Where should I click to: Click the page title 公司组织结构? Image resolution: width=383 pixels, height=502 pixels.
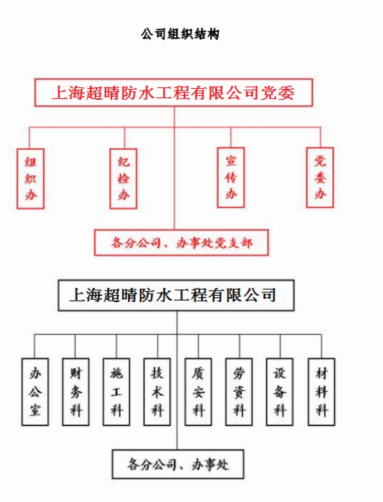tap(180, 34)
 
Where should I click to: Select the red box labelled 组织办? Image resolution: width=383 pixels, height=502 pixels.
tap(31, 178)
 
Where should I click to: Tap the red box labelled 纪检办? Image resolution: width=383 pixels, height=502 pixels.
tap(124, 178)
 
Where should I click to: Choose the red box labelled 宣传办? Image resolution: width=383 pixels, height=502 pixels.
tap(231, 177)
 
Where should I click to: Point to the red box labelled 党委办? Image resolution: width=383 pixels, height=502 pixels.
tap(320, 177)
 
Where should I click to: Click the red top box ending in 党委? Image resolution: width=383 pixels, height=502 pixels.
tap(173, 93)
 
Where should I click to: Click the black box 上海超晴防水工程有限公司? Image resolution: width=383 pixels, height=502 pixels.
tap(176, 294)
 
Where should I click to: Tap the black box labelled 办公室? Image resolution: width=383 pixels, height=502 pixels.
tap(35, 391)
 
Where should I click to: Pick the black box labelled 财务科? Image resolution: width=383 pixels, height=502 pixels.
tap(76, 391)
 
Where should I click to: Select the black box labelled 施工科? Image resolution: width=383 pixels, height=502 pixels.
tap(116, 391)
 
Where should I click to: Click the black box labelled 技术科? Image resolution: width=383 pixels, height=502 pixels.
tap(158, 391)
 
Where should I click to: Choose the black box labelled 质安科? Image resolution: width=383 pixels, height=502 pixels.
tap(199, 391)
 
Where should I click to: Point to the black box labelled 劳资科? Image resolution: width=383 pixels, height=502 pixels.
tap(239, 391)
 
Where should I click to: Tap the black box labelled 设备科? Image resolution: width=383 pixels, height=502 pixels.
tap(280, 391)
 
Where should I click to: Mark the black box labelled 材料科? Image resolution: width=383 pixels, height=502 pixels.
tap(321, 391)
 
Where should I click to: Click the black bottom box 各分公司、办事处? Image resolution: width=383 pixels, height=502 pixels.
tap(178, 464)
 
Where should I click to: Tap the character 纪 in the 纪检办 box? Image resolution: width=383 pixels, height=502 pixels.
tap(124, 163)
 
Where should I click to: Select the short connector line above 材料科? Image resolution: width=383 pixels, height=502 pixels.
tap(321, 346)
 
